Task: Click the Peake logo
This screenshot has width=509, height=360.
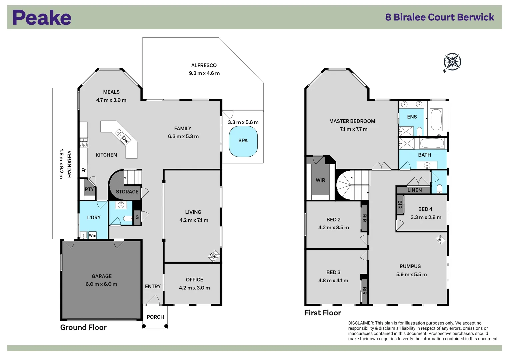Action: pyautogui.click(x=42, y=17)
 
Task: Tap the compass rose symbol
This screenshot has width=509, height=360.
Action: pyautogui.click(x=452, y=62)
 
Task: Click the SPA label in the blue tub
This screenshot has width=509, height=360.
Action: pyautogui.click(x=243, y=141)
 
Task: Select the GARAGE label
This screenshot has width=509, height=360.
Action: pyautogui.click(x=102, y=276)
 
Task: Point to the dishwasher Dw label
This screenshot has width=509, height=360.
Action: pyautogui.click(x=125, y=139)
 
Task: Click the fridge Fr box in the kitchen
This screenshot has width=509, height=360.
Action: pyautogui.click(x=83, y=170)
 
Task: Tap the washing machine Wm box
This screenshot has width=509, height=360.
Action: pyautogui.click(x=92, y=235)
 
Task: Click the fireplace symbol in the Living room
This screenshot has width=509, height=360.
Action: pyautogui.click(x=214, y=256)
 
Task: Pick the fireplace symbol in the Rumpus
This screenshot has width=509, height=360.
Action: pyautogui.click(x=440, y=240)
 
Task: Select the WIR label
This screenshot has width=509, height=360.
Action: pyautogui.click(x=320, y=180)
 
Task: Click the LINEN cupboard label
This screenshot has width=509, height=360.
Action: pyautogui.click(x=414, y=190)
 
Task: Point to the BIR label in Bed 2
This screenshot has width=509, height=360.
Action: pyautogui.click(x=364, y=218)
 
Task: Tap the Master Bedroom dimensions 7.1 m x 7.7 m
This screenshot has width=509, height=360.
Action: pyautogui.click(x=354, y=129)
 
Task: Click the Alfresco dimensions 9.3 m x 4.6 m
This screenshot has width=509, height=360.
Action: pyautogui.click(x=204, y=73)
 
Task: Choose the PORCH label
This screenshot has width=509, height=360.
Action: pyautogui.click(x=155, y=317)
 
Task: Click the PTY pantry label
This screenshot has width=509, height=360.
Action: pyautogui.click(x=89, y=189)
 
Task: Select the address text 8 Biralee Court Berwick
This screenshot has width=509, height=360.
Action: pyautogui.click(x=440, y=17)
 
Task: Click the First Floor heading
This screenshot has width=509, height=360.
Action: pyautogui.click(x=323, y=313)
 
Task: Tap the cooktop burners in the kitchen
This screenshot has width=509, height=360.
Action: pyautogui.click(x=84, y=143)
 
